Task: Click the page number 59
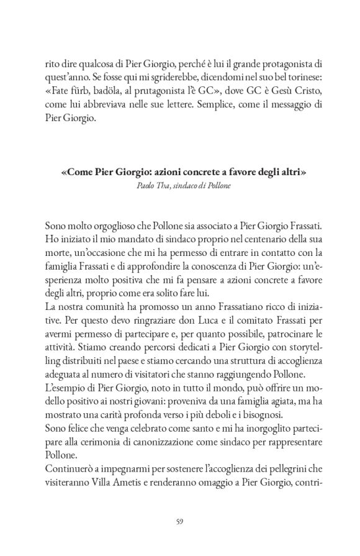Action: click(x=180, y=520)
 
